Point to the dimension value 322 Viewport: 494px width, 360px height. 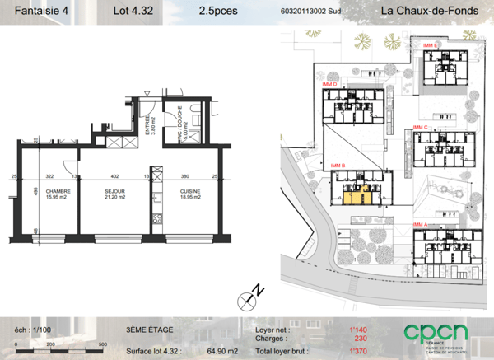pyautogui.click(x=49, y=177)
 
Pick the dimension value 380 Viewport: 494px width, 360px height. pyautogui.click(x=184, y=177)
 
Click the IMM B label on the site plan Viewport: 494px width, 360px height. pyautogui.click(x=338, y=166)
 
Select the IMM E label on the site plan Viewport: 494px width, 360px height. pyautogui.click(x=429, y=44)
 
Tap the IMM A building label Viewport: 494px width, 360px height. pyautogui.click(x=421, y=224)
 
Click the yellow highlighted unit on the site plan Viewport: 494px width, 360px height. pyautogui.click(x=352, y=195)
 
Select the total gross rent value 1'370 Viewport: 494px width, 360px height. pyautogui.click(x=357, y=351)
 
